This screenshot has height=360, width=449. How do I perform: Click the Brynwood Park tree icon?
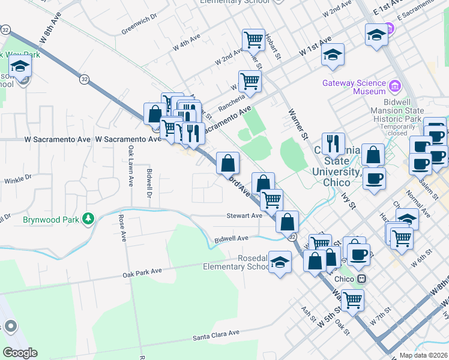89,218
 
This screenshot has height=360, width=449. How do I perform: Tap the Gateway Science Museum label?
354,87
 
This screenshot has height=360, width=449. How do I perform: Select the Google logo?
20,353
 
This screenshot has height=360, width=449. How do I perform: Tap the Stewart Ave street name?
244,215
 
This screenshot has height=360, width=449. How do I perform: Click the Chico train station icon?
362,279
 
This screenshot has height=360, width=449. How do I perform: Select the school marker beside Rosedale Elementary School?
280,262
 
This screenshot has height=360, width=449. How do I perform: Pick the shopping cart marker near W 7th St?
352,299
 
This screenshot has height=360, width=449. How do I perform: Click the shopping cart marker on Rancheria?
250,80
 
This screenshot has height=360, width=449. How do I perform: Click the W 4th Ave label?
186,43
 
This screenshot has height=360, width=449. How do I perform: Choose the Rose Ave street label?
123,228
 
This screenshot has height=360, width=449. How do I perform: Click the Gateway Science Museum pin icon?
394,86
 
